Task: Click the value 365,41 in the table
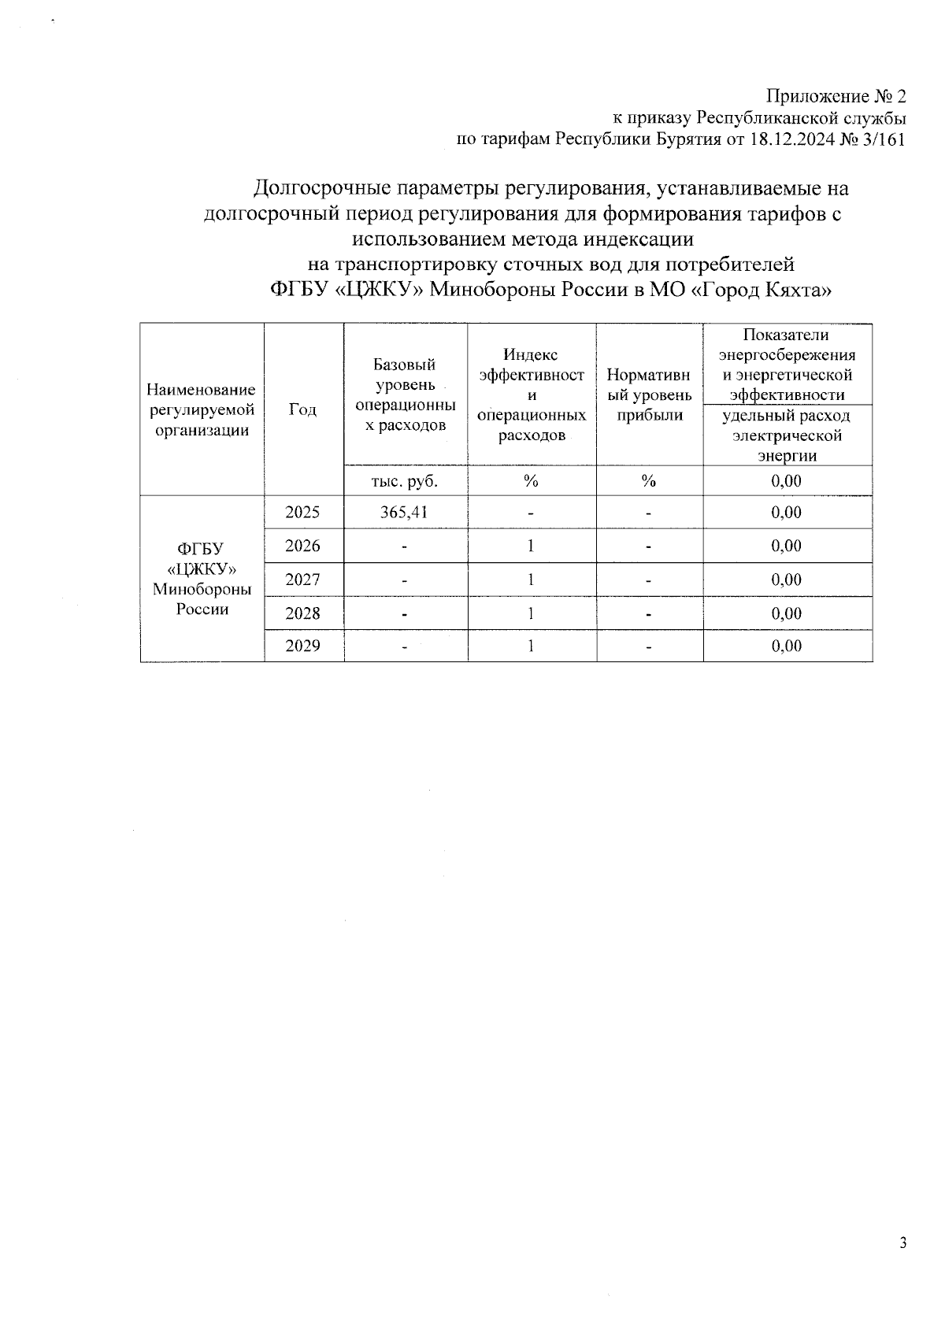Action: [406, 512]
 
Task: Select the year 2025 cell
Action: [303, 512]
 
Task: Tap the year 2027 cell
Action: [303, 580]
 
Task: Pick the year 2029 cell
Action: [303, 646]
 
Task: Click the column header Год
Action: [303, 409]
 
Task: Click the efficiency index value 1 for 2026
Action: [532, 546]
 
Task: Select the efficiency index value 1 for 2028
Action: [532, 613]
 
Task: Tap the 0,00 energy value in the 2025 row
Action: [787, 512]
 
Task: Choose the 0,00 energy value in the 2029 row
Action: [787, 646]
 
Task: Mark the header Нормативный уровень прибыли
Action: [649, 394]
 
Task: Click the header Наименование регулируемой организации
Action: [202, 409]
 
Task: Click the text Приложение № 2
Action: [836, 97]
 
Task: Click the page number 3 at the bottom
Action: [903, 1243]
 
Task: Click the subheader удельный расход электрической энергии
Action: [787, 435]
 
